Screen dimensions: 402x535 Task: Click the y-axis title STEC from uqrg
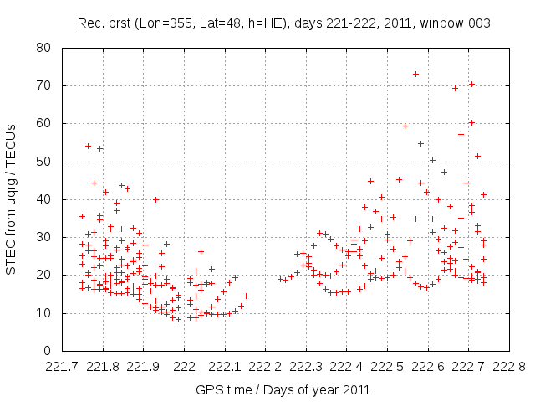click(12, 199)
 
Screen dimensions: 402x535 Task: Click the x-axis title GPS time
click(283, 389)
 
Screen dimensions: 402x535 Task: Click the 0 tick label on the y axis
click(47, 351)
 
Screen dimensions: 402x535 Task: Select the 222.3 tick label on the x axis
click(306, 368)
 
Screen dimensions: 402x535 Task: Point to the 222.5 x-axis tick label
click(387, 368)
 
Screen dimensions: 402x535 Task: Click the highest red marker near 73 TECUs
click(415, 74)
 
